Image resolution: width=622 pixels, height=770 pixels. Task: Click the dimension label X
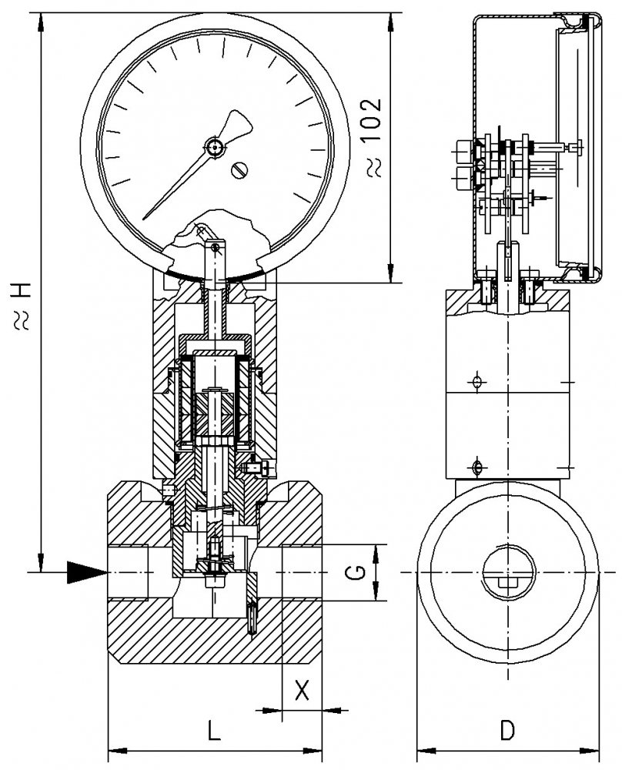coord(303,690)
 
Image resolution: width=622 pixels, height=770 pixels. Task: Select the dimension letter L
coord(214,729)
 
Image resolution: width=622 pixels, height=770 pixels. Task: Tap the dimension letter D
coord(507,729)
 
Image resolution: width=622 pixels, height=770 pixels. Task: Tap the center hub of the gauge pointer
coord(213,146)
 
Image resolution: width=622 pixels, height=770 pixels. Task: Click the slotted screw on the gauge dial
coord(241,169)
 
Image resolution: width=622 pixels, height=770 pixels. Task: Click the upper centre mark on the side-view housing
coord(477,382)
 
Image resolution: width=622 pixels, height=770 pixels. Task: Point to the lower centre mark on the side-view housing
coord(477,467)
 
